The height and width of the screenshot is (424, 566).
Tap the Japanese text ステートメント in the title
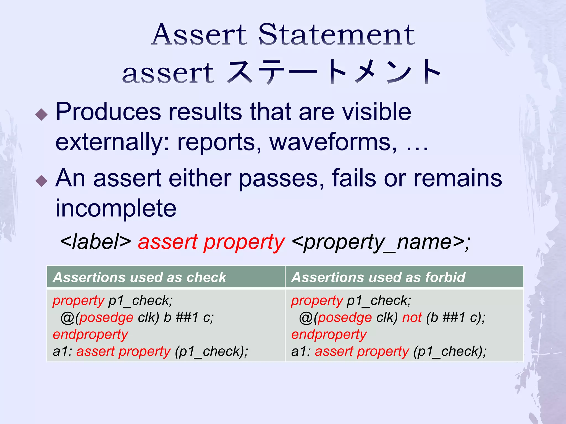(334, 72)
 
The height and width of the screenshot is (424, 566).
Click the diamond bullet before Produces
(42, 114)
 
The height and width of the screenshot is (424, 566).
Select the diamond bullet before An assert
(42, 181)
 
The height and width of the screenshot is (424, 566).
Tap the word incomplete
(116, 208)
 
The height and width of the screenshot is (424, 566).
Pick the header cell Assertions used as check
(140, 277)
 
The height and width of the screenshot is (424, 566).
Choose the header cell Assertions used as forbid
(378, 277)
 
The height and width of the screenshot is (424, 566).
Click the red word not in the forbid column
(412, 317)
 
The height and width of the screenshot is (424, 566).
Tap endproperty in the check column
(90, 335)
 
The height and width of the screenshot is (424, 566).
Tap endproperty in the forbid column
(329, 335)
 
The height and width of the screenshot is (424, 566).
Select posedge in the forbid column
(345, 318)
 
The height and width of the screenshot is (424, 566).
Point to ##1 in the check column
(187, 317)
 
